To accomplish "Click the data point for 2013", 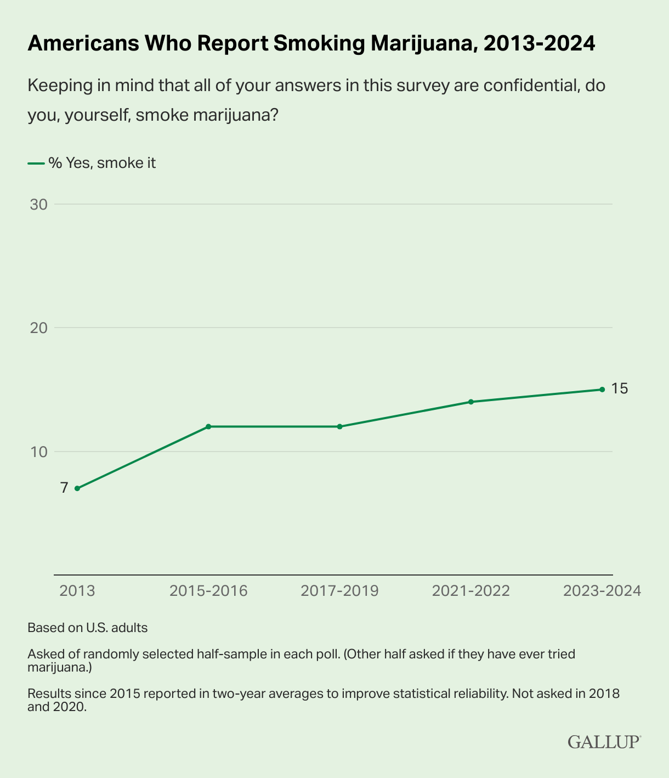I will [77, 488].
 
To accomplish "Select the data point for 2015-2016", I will [208, 426].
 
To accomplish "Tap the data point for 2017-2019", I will [339, 426].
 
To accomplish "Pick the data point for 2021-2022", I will [470, 402].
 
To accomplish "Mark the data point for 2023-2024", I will [602, 390].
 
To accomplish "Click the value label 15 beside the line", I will [619, 389].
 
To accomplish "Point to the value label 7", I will [64, 488].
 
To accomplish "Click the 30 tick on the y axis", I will [39, 205].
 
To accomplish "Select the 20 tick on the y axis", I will [39, 328].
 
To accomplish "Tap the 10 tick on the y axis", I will [39, 452].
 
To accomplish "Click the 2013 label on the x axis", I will [77, 591].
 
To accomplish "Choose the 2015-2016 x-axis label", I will [208, 591].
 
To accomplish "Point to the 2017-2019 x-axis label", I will [339, 591].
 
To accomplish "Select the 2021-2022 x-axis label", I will [470, 591].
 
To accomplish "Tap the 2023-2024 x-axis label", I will [602, 591].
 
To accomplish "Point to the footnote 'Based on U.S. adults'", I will [88, 628].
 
